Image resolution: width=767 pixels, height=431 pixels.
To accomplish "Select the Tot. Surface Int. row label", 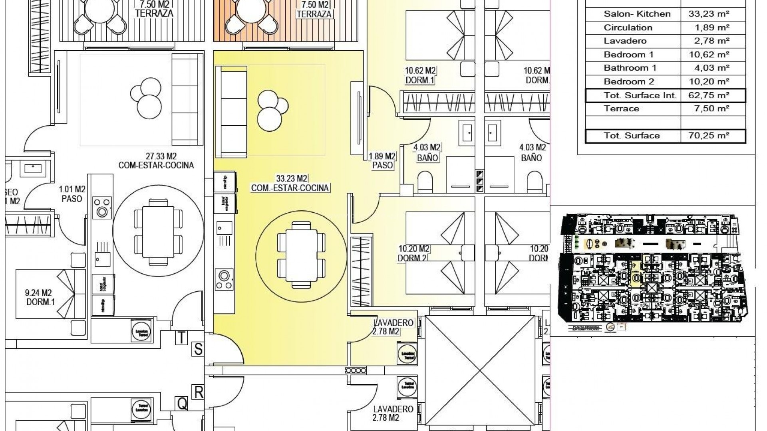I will (x=640, y=95).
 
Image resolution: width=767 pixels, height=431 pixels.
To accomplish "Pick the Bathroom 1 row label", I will (x=630, y=68).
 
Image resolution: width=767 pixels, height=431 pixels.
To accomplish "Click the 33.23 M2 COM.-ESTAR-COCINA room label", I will (x=290, y=183).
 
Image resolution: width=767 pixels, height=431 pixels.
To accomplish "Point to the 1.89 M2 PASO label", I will (x=382, y=160).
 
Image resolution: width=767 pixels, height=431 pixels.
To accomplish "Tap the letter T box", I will (x=181, y=338).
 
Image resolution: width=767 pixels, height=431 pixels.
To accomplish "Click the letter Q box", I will (x=182, y=404).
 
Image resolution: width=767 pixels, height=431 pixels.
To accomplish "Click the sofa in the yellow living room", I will (x=231, y=112).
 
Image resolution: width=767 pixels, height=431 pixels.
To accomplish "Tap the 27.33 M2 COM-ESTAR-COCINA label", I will (x=156, y=160).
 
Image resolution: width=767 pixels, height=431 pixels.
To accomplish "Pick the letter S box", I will (x=198, y=350).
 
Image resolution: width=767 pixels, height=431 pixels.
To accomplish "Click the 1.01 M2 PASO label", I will (x=72, y=194).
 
